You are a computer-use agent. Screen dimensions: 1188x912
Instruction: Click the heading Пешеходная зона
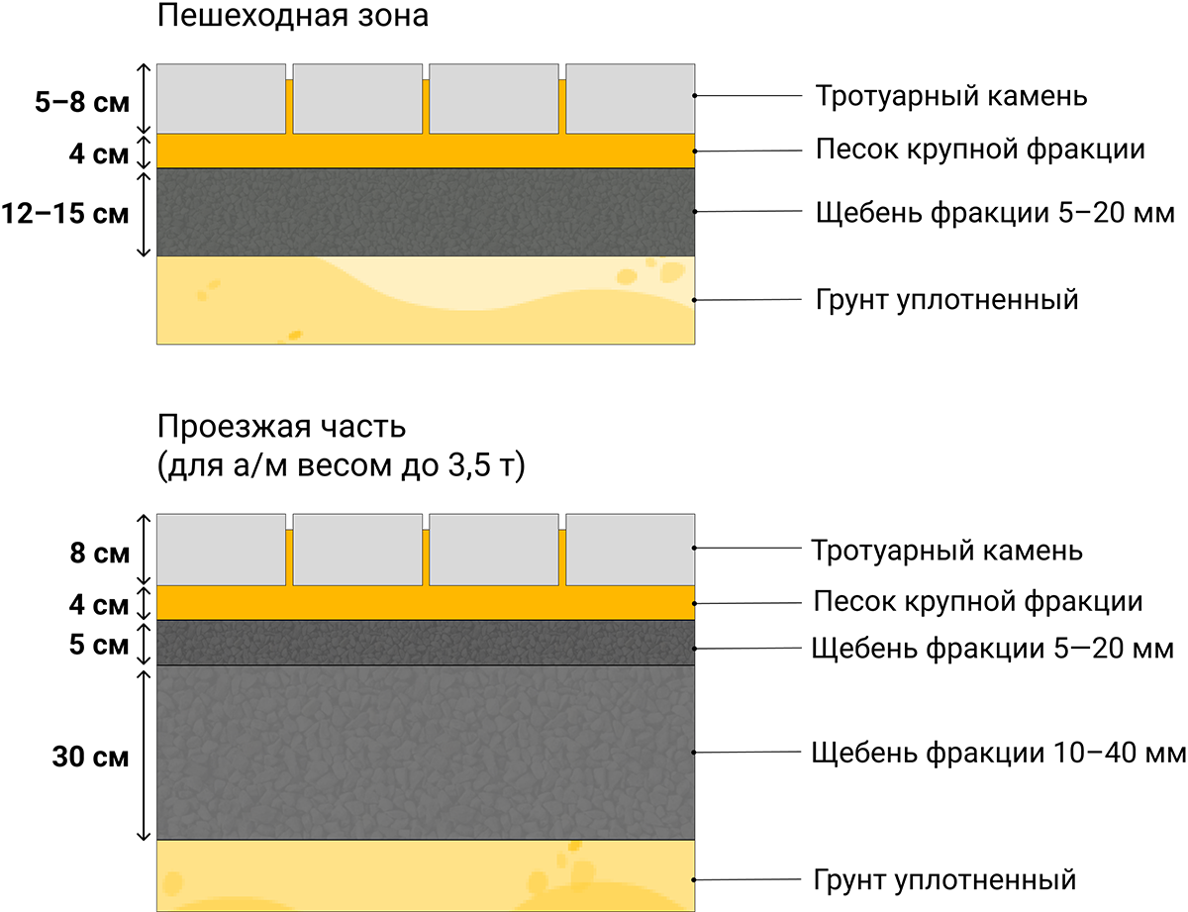292,16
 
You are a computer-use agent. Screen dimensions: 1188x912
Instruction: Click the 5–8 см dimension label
82,102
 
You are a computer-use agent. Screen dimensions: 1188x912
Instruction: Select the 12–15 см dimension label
64,213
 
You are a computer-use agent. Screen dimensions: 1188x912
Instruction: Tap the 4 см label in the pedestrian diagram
98,153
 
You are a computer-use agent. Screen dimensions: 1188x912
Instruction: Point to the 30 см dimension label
90,757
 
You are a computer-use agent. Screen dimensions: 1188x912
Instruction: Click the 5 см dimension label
98,645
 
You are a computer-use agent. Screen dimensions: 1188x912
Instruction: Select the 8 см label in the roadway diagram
100,553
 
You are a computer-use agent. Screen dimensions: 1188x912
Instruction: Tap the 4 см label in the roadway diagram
98,605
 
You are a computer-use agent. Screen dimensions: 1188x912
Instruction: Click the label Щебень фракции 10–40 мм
998,753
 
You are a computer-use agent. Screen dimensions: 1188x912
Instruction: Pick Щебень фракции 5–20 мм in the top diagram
995,213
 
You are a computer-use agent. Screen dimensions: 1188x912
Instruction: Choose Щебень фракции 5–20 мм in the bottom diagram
992,649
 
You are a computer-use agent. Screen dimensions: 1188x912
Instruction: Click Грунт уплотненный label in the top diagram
946,300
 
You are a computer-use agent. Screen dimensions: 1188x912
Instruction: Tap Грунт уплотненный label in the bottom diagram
944,880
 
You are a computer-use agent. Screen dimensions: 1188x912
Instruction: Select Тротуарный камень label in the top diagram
951,97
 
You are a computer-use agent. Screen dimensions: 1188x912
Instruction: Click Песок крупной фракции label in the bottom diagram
978,601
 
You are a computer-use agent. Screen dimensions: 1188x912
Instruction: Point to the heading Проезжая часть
281,427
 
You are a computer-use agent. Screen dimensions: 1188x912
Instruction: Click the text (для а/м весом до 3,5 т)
342,465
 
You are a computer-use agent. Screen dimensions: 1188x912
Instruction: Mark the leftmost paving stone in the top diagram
221,98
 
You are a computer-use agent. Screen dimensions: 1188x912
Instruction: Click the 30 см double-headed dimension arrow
144,756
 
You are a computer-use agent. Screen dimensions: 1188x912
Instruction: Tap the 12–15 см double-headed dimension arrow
144,214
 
